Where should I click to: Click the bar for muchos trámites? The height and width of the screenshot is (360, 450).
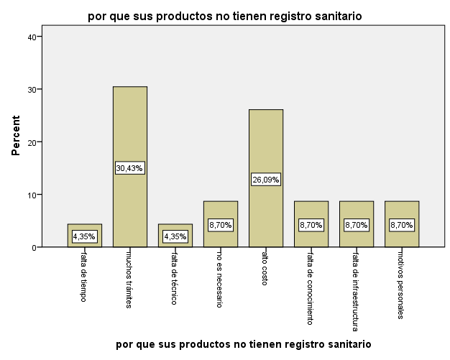point(130,137)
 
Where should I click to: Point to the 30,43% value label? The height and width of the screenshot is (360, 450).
point(130,168)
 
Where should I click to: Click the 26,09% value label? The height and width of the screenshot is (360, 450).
point(266,179)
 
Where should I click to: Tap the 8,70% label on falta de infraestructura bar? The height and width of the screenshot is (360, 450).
point(357,225)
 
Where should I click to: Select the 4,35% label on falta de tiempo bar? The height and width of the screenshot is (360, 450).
point(85,236)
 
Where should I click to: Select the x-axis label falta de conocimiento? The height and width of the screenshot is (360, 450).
point(311,287)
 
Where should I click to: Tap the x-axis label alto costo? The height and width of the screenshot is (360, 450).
point(265,272)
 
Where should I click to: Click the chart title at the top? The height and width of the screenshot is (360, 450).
point(225,15)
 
